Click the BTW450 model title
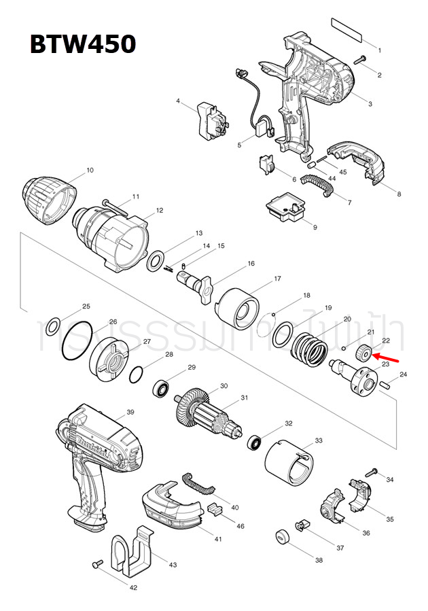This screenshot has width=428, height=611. [82, 44]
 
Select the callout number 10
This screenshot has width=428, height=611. [90, 170]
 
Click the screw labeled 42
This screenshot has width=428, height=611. [97, 563]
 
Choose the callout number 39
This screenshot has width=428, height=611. [130, 413]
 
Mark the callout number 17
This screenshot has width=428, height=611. [277, 279]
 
